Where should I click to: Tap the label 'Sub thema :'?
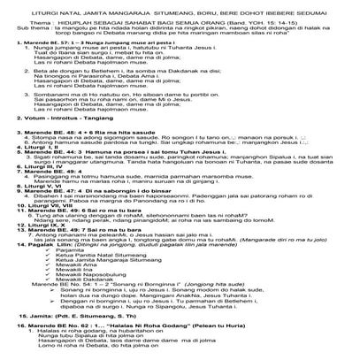[19, 26]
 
